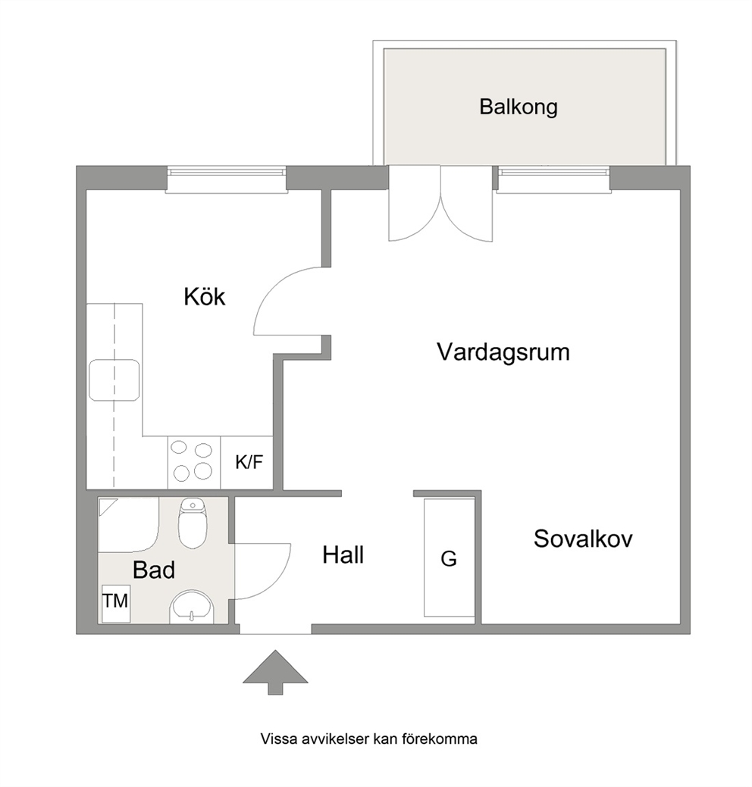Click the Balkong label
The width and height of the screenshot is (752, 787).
(518, 107)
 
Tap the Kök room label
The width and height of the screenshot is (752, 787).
(205, 297)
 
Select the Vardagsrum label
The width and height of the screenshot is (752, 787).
(503, 352)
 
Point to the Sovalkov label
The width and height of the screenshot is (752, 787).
(583, 539)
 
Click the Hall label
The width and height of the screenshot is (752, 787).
(343, 555)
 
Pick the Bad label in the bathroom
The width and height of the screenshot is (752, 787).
(154, 570)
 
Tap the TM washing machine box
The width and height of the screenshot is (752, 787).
(116, 603)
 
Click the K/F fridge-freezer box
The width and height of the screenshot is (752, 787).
(246, 462)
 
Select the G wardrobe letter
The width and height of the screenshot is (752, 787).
(449, 559)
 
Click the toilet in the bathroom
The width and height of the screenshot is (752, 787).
(193, 523)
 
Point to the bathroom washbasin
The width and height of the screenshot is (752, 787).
(192, 607)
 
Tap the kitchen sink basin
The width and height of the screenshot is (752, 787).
(114, 380)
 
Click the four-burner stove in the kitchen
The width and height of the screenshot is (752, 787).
(194, 462)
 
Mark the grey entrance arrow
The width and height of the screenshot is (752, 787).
(275, 673)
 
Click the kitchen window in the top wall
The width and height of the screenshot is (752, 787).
(227, 178)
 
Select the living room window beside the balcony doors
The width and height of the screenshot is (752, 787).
(553, 180)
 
